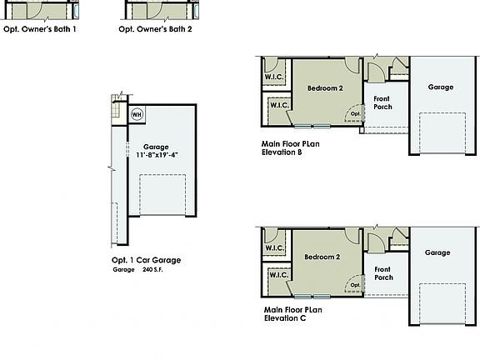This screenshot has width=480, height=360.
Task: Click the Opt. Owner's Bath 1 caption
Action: (x=40, y=29)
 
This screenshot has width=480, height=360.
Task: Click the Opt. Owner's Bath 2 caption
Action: (x=155, y=29)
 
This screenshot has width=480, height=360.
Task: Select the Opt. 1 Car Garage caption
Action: (x=146, y=260)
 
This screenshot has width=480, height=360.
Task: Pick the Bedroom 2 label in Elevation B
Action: (x=325, y=87)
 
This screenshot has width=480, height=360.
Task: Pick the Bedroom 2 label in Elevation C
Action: (x=322, y=257)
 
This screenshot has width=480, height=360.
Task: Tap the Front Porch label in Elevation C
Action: (x=383, y=273)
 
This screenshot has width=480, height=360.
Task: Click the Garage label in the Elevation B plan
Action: (x=440, y=87)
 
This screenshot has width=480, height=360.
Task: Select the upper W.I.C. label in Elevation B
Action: (x=275, y=77)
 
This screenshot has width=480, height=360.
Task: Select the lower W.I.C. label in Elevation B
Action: (x=277, y=105)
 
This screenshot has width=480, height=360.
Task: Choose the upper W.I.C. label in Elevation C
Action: (x=275, y=248)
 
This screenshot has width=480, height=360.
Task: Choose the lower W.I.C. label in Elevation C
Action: (x=277, y=275)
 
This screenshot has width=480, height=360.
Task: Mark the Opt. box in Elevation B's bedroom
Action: (x=355, y=114)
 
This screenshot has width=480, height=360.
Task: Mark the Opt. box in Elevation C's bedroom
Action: (x=355, y=285)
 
